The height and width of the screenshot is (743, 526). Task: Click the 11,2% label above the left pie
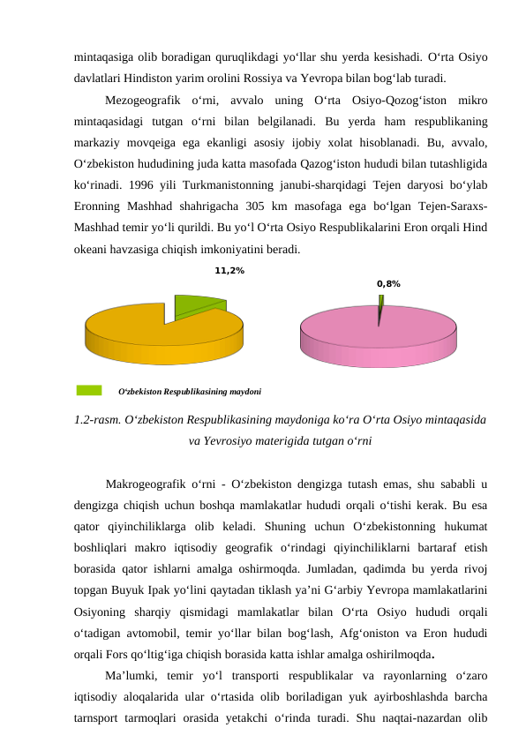[229, 271]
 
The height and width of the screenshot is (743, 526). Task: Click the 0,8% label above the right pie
[388, 284]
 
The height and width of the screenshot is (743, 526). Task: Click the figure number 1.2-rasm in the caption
[98, 420]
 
